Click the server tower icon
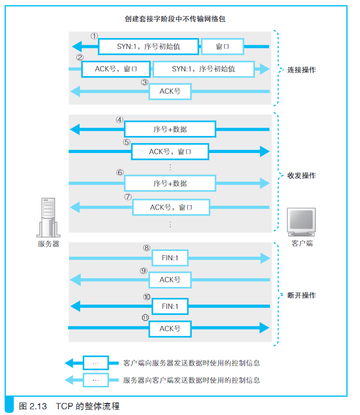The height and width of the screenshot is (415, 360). tap(48, 218)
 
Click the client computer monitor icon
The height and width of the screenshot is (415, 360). tap(301, 222)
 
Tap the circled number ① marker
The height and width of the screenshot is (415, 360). tap(94, 36)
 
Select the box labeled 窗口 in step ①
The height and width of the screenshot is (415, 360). tap(222, 46)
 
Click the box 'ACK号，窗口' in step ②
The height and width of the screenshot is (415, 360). tap(116, 69)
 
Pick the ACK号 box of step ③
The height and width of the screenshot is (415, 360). tap(170, 92)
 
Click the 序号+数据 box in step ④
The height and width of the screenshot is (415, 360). tap(170, 129)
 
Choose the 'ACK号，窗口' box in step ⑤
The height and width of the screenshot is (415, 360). tap(170, 152)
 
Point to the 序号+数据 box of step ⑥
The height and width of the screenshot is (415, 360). tap(170, 183)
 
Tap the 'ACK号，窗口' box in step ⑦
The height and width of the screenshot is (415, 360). tap(171, 207)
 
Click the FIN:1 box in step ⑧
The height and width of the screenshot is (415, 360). tap(170, 258)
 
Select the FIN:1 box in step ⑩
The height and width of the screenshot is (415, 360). tap(170, 306)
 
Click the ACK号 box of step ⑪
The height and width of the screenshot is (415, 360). tap(170, 329)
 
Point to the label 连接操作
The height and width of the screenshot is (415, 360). tap(302, 70)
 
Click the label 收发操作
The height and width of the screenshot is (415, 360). tap(302, 175)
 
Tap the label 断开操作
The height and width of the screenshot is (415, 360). tap(302, 295)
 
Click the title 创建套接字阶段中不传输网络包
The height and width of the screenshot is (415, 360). tap(175, 19)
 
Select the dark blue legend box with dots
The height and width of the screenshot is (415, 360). tap(96, 363)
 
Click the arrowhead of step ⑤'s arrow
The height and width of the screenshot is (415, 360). tap(265, 152)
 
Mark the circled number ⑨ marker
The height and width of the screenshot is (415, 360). tap(144, 271)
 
